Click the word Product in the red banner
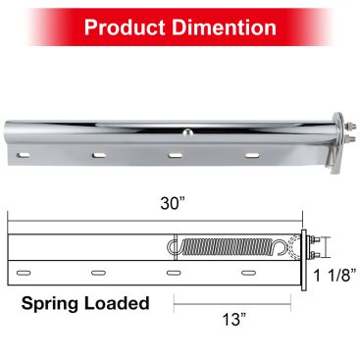click(x=126, y=27)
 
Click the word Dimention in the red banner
click(x=224, y=27)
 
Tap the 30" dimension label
click(x=173, y=204)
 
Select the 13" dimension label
click(x=234, y=320)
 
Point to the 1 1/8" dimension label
click(x=334, y=276)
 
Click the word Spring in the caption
click(x=51, y=304)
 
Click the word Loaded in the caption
click(x=117, y=303)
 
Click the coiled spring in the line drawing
click(x=227, y=247)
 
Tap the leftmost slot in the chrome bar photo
click(x=24, y=154)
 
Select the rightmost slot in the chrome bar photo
click(x=252, y=155)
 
